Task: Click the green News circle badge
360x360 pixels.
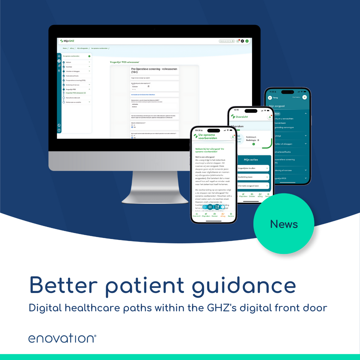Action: click(x=284, y=224)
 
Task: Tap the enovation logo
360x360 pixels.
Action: click(x=62, y=338)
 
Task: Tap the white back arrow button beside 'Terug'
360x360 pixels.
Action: click(x=270, y=98)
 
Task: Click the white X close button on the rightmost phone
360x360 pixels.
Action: click(x=304, y=97)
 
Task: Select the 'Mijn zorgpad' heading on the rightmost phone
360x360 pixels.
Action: click(x=277, y=106)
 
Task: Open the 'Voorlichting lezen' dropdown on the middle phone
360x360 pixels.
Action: click(x=253, y=177)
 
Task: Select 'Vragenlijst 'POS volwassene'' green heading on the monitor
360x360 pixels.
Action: click(x=124, y=62)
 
